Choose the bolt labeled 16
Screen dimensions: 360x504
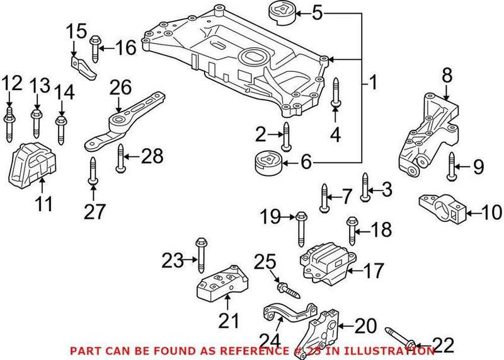pyautogui.click(x=96, y=47)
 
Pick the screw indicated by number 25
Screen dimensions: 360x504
pyautogui.click(x=287, y=291)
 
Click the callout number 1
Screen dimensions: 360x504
pyautogui.click(x=372, y=82)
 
